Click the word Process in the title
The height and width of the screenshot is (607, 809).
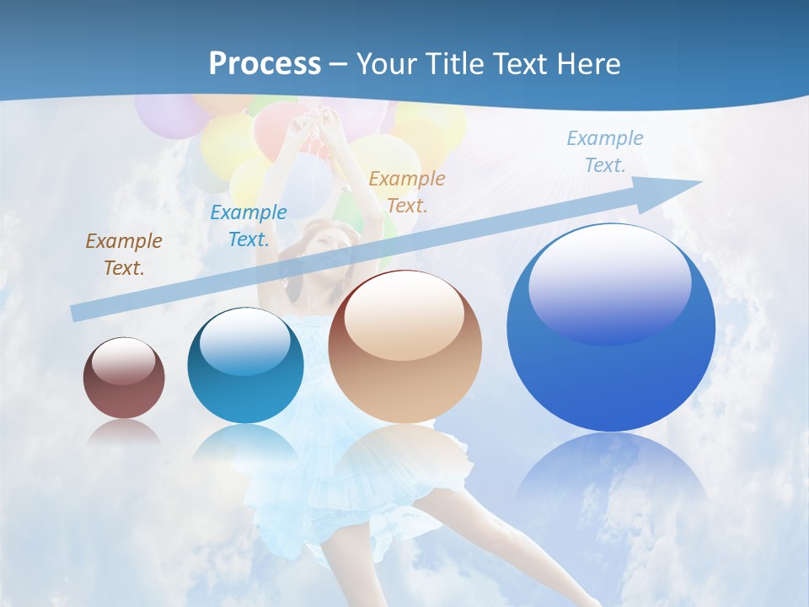[x=265, y=64]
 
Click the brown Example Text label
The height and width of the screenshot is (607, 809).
[x=124, y=255]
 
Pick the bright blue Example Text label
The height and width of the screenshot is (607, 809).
[x=249, y=226]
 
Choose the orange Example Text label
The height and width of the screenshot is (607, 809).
[x=407, y=191]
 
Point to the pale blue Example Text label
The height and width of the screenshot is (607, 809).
[x=605, y=152]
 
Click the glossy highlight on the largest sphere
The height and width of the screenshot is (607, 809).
[x=610, y=282]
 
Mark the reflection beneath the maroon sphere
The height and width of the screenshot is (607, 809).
[x=124, y=432]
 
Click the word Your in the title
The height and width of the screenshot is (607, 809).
[x=388, y=64]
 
